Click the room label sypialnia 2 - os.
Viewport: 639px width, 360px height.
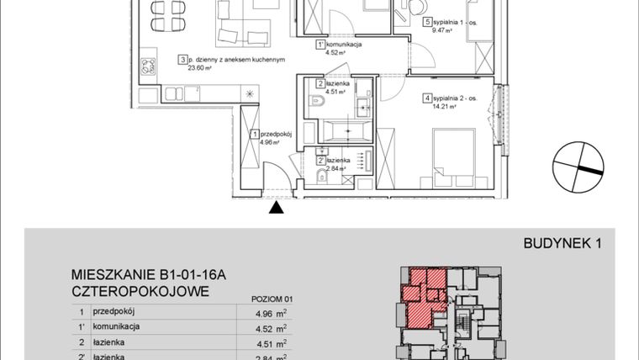tap(455, 98)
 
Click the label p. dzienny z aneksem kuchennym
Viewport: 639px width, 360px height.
tap(238, 60)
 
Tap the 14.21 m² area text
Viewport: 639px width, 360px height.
tap(443, 107)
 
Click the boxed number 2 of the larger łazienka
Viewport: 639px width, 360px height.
tap(321, 83)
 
